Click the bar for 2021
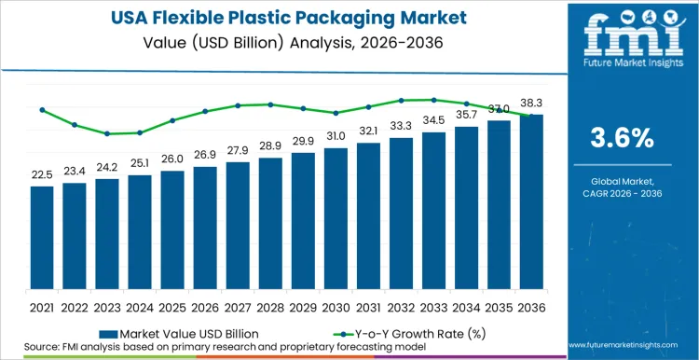tap(42, 240)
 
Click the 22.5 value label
tap(42, 174)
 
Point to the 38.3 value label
tap(532, 103)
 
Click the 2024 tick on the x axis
tap(140, 306)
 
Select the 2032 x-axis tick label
tap(402, 306)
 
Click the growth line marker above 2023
tap(107, 133)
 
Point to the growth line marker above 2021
tap(42, 110)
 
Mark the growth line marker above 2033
tap(434, 100)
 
